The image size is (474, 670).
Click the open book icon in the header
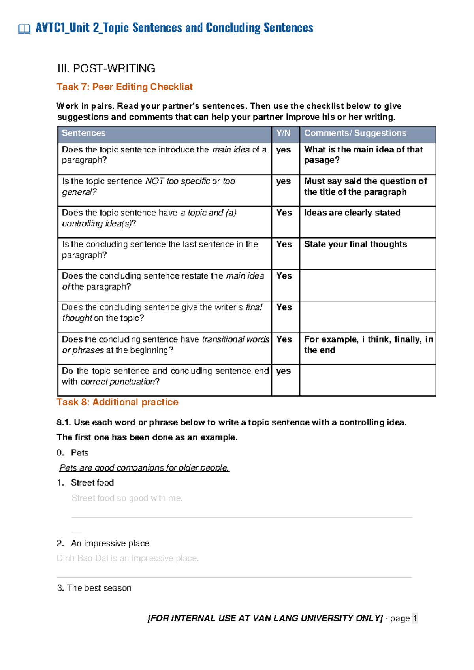click(x=24, y=29)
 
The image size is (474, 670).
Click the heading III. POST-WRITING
click(x=106, y=68)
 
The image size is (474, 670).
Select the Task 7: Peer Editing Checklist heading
click(x=124, y=87)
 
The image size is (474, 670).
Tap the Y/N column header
click(x=283, y=133)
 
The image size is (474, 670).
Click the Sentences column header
click(x=84, y=133)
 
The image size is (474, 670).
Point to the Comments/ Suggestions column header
click(x=355, y=133)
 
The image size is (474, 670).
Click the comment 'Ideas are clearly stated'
click(x=352, y=213)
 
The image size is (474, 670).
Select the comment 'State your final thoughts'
click(x=355, y=245)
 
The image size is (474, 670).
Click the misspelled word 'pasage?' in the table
click(x=322, y=160)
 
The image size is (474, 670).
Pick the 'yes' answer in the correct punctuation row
click(x=283, y=371)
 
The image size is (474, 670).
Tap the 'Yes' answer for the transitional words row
click(x=284, y=340)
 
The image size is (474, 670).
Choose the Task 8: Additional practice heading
click(x=117, y=402)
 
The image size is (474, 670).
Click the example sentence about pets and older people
click(x=144, y=468)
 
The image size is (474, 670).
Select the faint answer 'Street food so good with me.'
click(x=127, y=498)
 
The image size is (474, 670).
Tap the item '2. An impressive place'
click(x=103, y=544)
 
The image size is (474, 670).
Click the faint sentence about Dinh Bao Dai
click(x=128, y=559)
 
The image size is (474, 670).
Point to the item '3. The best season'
click(x=94, y=588)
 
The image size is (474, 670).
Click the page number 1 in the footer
click(x=414, y=619)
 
